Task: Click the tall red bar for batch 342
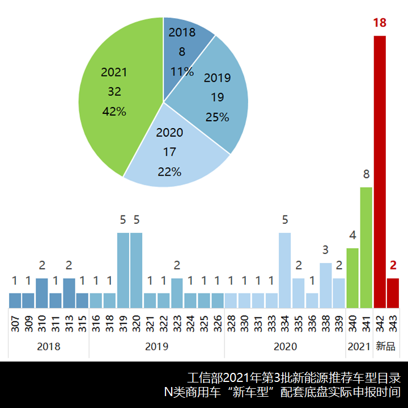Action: [379, 170]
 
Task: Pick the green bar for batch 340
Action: [352, 278]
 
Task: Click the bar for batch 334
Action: [285, 270]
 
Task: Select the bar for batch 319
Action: [123, 270]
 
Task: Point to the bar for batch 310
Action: [42, 292]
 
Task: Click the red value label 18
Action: [379, 23]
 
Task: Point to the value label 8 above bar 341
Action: [366, 174]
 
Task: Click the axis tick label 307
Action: [15, 324]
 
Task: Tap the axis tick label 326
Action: [218, 324]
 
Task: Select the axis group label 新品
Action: [386, 346]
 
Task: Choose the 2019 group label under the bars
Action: [157, 346]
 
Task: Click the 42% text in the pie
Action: [114, 112]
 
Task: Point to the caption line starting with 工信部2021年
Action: [294, 377]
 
